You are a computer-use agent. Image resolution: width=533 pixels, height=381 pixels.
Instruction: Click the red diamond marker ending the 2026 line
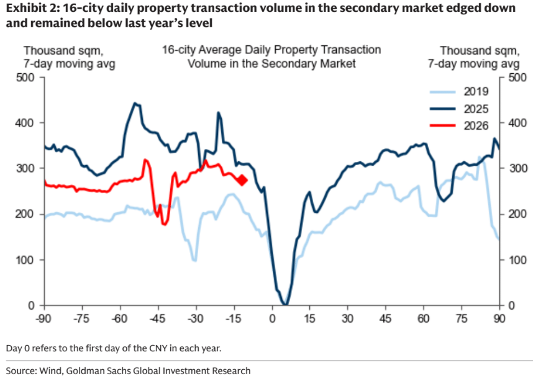pos(242,180)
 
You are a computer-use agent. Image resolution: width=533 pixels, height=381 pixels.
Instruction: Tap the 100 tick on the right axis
pos(516,259)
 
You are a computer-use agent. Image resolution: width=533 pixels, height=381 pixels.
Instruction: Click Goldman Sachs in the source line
pos(105,370)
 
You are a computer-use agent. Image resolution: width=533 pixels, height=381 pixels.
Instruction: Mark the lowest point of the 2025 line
pos(285,304)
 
